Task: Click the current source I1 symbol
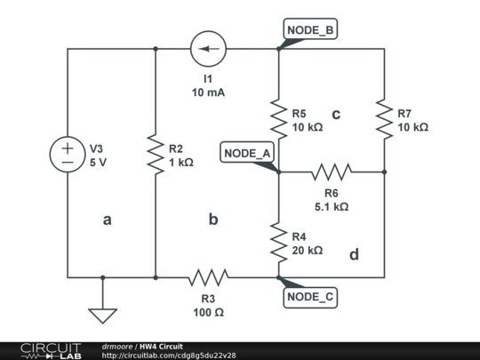click(208, 48)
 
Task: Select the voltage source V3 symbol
click(68, 155)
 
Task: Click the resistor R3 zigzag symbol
click(208, 277)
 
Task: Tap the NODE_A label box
click(247, 154)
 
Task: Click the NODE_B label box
click(309, 30)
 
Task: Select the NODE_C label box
click(310, 297)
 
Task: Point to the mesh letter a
click(107, 220)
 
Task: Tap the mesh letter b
click(213, 219)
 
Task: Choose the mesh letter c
click(336, 114)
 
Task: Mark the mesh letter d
click(354, 255)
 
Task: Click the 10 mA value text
click(208, 92)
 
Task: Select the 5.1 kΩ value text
click(332, 206)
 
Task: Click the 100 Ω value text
click(208, 312)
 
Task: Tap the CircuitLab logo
click(51, 350)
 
